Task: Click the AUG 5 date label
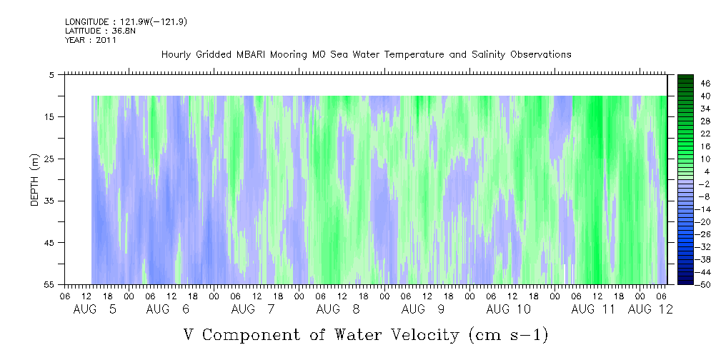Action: point(95,309)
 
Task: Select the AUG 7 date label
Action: point(253,309)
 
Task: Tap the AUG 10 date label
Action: point(508,309)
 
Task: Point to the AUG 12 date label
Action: point(650,309)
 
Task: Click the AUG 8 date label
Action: point(338,309)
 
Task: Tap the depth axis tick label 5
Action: point(52,75)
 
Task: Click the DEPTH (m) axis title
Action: point(35,180)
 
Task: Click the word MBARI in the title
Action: point(249,55)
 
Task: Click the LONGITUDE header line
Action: point(126,21)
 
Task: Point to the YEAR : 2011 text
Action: point(91,40)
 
